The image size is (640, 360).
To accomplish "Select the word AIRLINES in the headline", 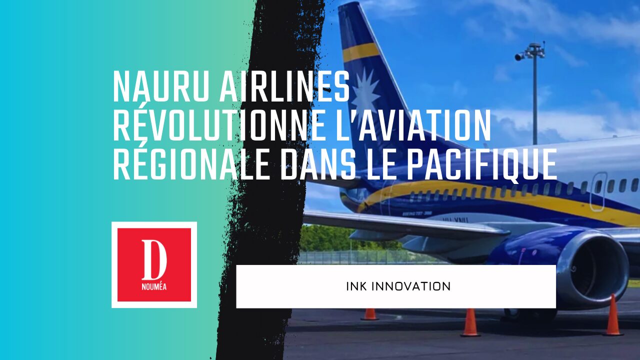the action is point(285,86).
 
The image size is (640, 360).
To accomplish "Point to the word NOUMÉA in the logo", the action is point(154,286).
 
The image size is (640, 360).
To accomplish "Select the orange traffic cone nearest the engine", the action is point(613,315).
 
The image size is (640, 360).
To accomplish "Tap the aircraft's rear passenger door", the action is point(598,191).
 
